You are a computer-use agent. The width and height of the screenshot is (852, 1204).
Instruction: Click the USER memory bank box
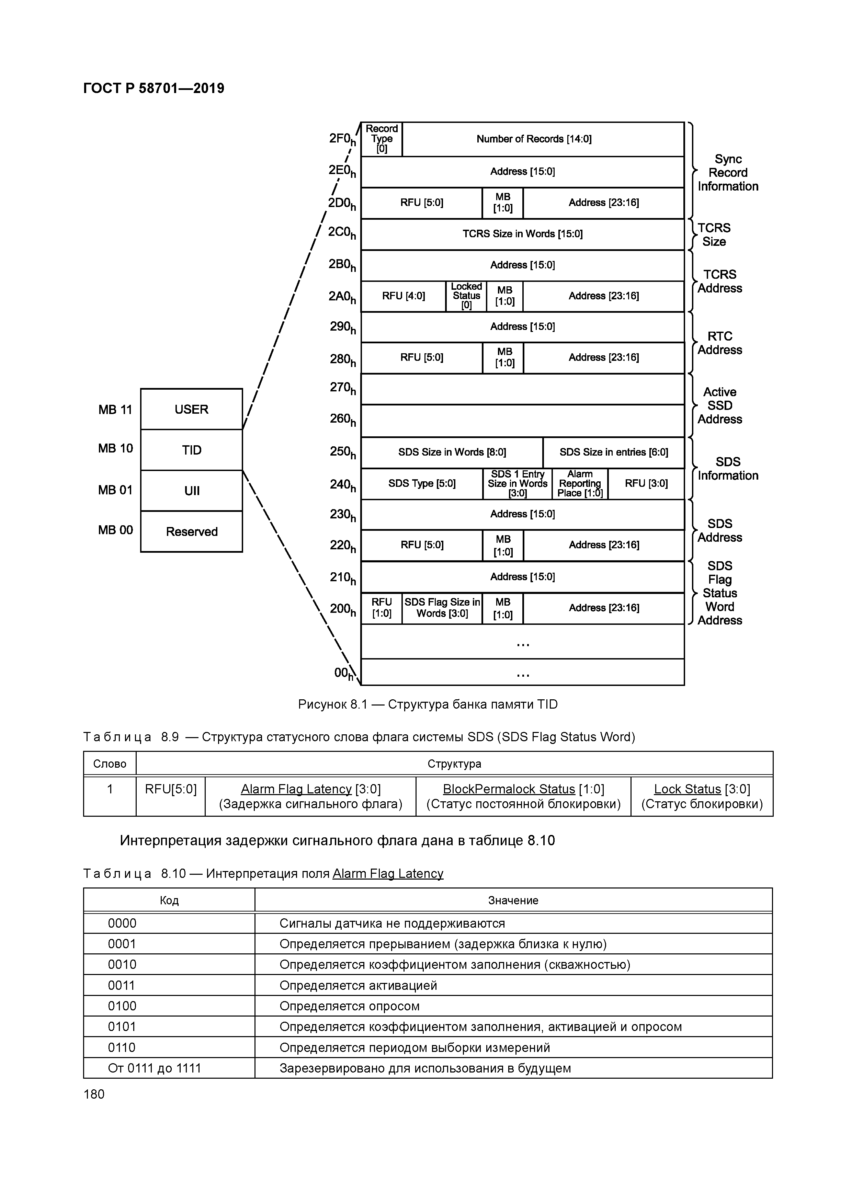click(x=192, y=409)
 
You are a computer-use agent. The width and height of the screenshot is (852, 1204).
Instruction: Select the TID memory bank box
click(x=192, y=450)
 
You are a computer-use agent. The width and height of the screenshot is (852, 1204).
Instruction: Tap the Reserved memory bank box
click(x=192, y=531)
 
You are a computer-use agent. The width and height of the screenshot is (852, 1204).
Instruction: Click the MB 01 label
click(x=115, y=490)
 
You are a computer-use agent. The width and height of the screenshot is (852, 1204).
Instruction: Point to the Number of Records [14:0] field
click(x=534, y=139)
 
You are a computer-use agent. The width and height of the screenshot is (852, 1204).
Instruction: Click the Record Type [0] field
click(x=382, y=139)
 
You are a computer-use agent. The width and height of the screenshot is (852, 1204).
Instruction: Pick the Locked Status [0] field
click(x=466, y=296)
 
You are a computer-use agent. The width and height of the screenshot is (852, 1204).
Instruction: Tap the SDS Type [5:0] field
click(x=422, y=483)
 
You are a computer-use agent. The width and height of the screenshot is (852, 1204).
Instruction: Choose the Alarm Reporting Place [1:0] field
click(x=580, y=483)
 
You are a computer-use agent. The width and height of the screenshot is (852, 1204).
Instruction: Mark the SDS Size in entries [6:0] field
click(x=614, y=452)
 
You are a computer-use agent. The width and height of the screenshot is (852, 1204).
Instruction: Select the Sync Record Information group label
click(x=728, y=173)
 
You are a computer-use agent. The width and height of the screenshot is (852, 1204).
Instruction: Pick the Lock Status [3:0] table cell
click(x=702, y=796)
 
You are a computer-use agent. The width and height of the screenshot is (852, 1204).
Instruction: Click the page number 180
click(x=94, y=1094)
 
